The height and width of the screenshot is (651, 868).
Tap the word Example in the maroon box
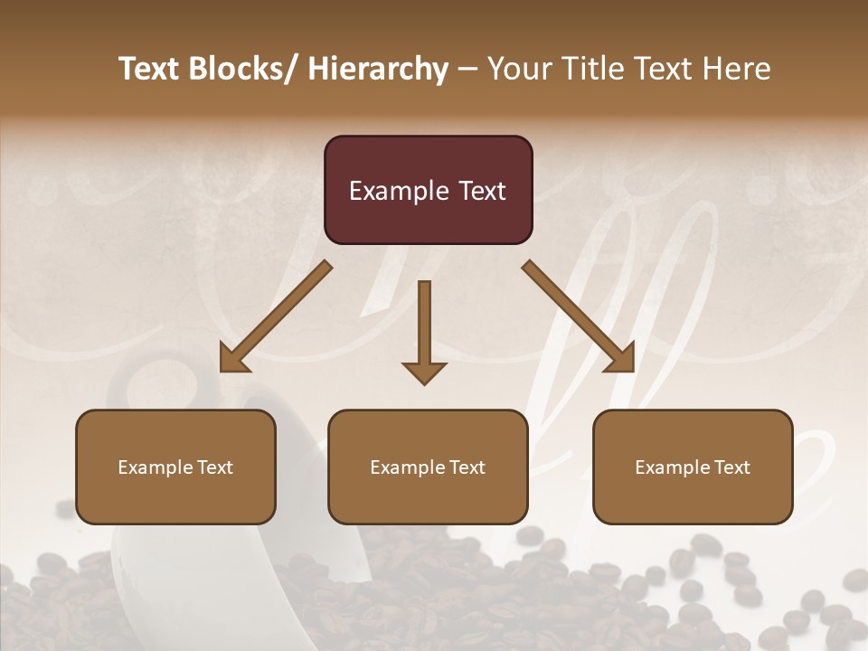point(399,192)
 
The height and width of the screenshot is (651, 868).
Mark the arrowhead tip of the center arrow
point(424,382)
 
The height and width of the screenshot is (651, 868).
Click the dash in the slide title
point(467,69)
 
